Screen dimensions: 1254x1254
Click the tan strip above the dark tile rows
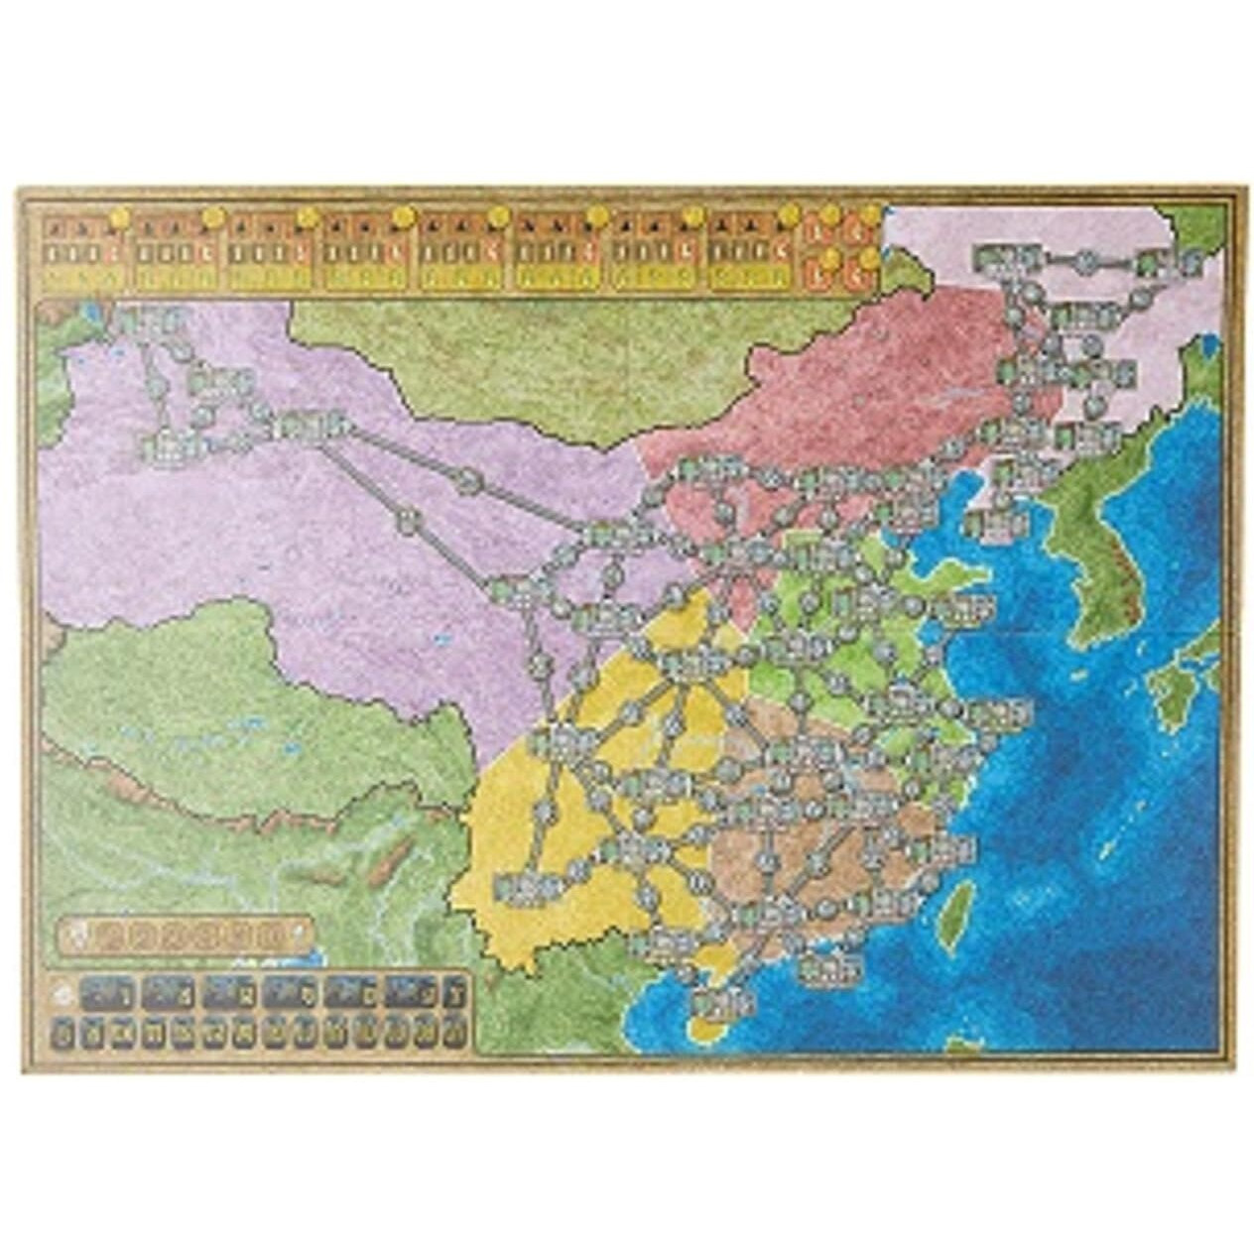pos(185,933)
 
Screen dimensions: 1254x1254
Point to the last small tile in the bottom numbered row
pos(456,1035)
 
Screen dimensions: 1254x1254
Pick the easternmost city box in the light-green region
pos(1006,712)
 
